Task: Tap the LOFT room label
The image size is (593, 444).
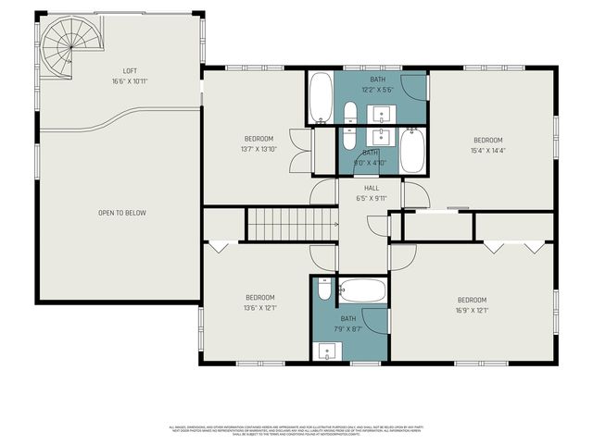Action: pos(131,71)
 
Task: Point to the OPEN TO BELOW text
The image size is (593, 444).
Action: pos(122,213)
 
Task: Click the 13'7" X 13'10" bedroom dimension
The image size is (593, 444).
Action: pos(259,149)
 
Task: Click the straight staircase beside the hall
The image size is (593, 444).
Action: pos(290,225)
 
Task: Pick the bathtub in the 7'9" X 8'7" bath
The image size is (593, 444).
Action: pos(362,292)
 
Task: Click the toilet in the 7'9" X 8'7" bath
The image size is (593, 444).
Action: pos(323,290)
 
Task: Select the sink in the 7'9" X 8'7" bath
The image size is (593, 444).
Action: pos(325,351)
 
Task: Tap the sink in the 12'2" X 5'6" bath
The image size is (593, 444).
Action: pos(382,114)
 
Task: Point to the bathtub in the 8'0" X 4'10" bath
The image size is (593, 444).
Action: pos(412,150)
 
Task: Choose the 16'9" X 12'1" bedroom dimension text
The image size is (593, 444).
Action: pos(472,311)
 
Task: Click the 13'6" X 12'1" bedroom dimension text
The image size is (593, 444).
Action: pos(259,308)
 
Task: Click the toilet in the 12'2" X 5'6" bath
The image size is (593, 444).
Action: pos(350,114)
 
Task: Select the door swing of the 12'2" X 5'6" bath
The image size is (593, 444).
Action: pos(418,88)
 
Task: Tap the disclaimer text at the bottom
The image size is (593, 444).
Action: pos(296,429)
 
